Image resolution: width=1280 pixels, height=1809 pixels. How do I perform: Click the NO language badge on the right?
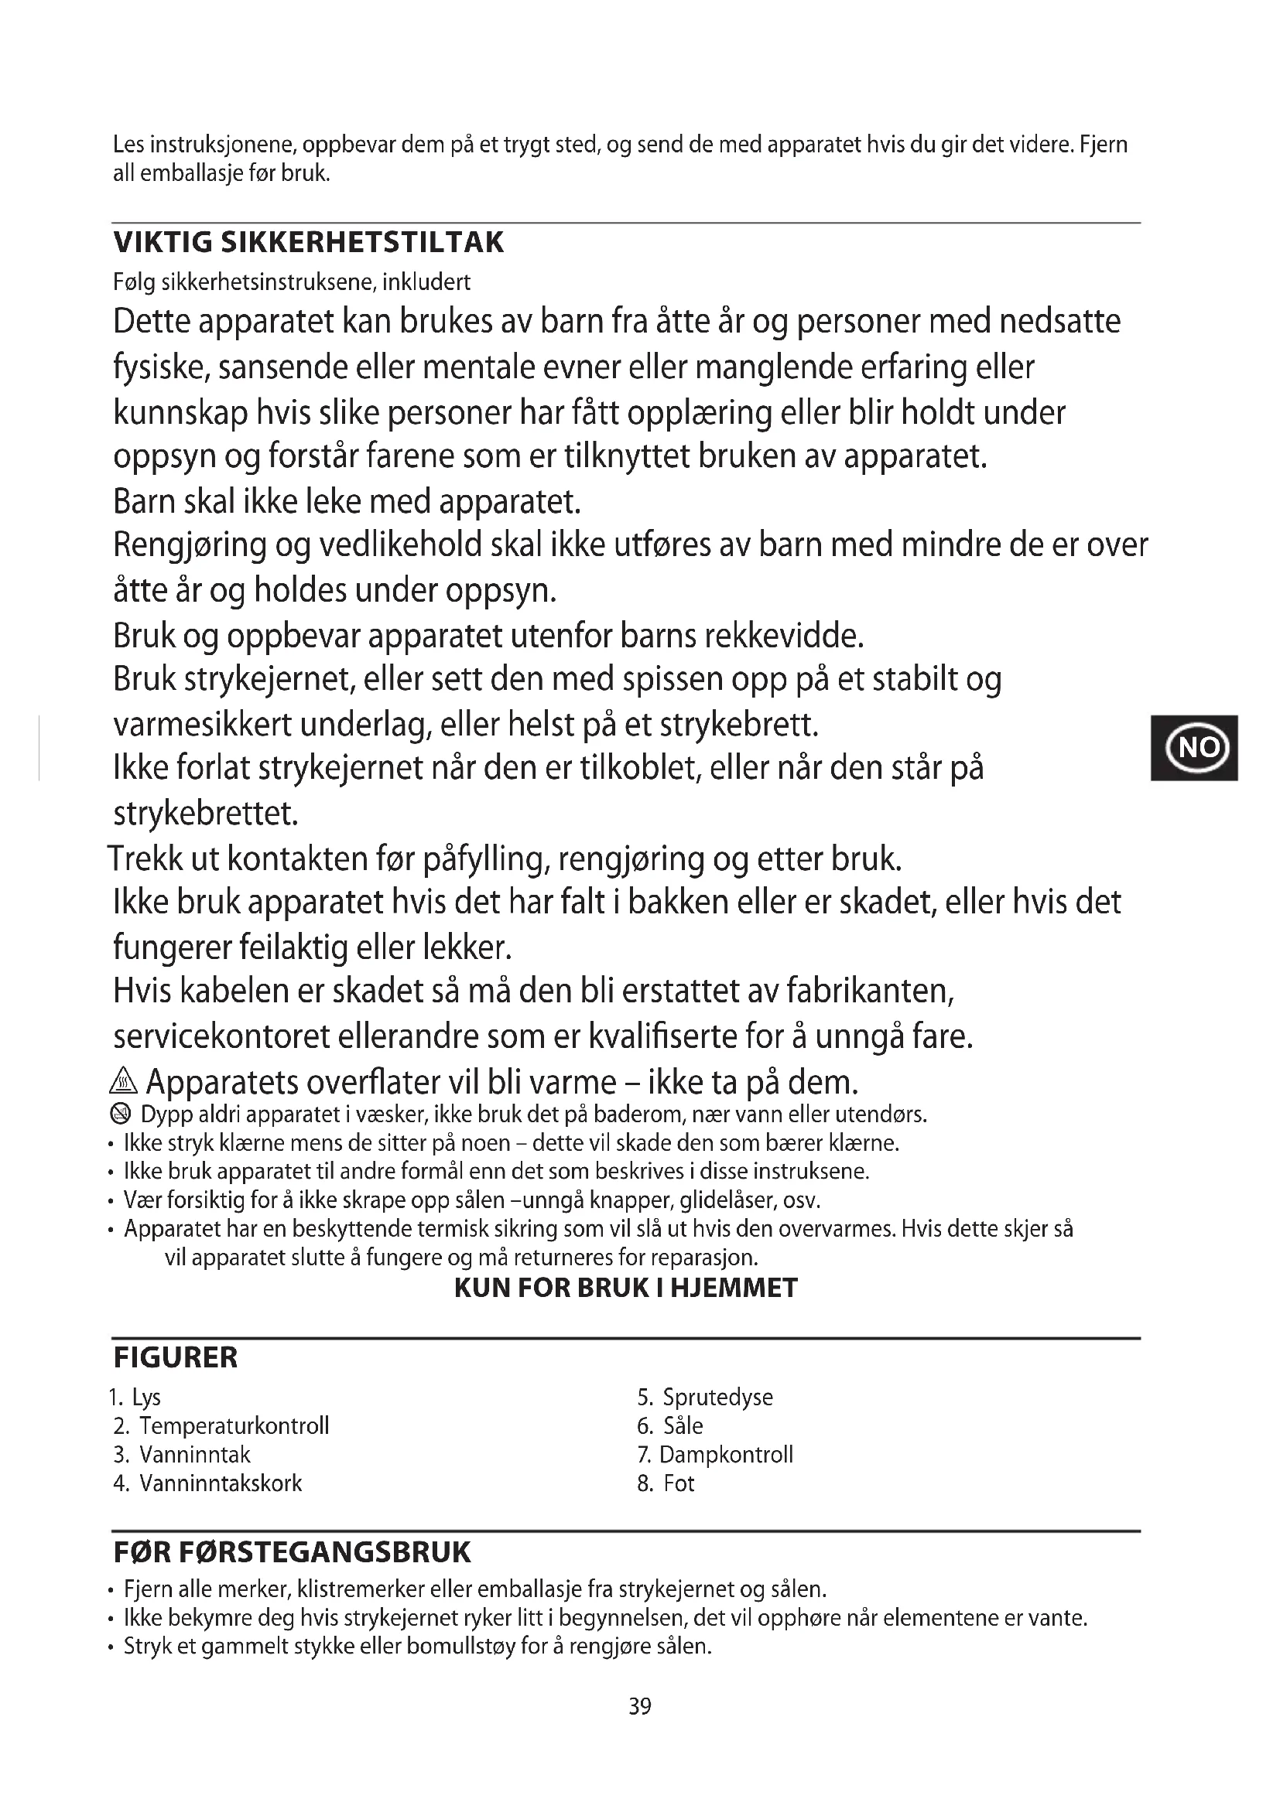pos(1193,747)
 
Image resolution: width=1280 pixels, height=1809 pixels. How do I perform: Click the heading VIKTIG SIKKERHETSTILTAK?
pos(308,242)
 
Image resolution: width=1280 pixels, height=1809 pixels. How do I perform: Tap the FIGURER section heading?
pos(175,1357)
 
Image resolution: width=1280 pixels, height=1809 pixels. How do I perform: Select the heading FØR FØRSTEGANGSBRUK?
pos(292,1552)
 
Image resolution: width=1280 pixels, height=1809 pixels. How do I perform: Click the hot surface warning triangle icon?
pos(124,1083)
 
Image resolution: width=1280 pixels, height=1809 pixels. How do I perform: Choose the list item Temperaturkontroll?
pos(233,1426)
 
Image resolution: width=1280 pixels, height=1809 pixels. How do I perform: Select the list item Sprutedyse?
pos(717,1397)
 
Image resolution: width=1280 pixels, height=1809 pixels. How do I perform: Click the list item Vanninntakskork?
pos(220,1483)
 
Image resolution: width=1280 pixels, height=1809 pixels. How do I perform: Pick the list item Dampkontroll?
pos(725,1455)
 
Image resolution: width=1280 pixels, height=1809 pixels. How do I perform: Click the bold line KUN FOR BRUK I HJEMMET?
pos(626,1288)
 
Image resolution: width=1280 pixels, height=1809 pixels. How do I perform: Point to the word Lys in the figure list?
pos(146,1398)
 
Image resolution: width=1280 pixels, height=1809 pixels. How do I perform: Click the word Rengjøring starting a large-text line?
pos(190,545)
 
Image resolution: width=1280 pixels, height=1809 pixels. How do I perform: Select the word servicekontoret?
pos(221,1037)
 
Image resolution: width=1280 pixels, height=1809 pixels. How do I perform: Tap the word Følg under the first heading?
pos(135,282)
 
